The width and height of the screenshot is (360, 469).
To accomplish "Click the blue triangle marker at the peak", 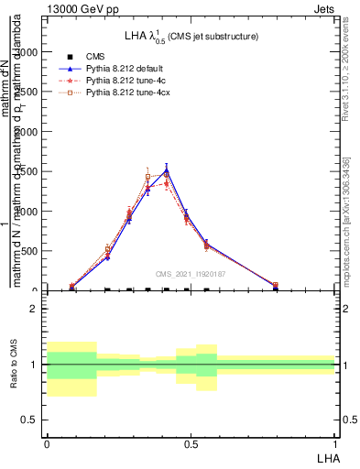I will [x=166, y=170].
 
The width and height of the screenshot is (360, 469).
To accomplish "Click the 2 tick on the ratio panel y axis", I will [x=35, y=310].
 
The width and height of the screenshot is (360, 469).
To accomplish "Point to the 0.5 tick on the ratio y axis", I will [x=31, y=420].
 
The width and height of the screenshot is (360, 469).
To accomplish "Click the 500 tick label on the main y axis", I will [x=29, y=251].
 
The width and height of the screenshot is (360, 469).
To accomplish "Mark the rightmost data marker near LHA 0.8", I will [x=276, y=286].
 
